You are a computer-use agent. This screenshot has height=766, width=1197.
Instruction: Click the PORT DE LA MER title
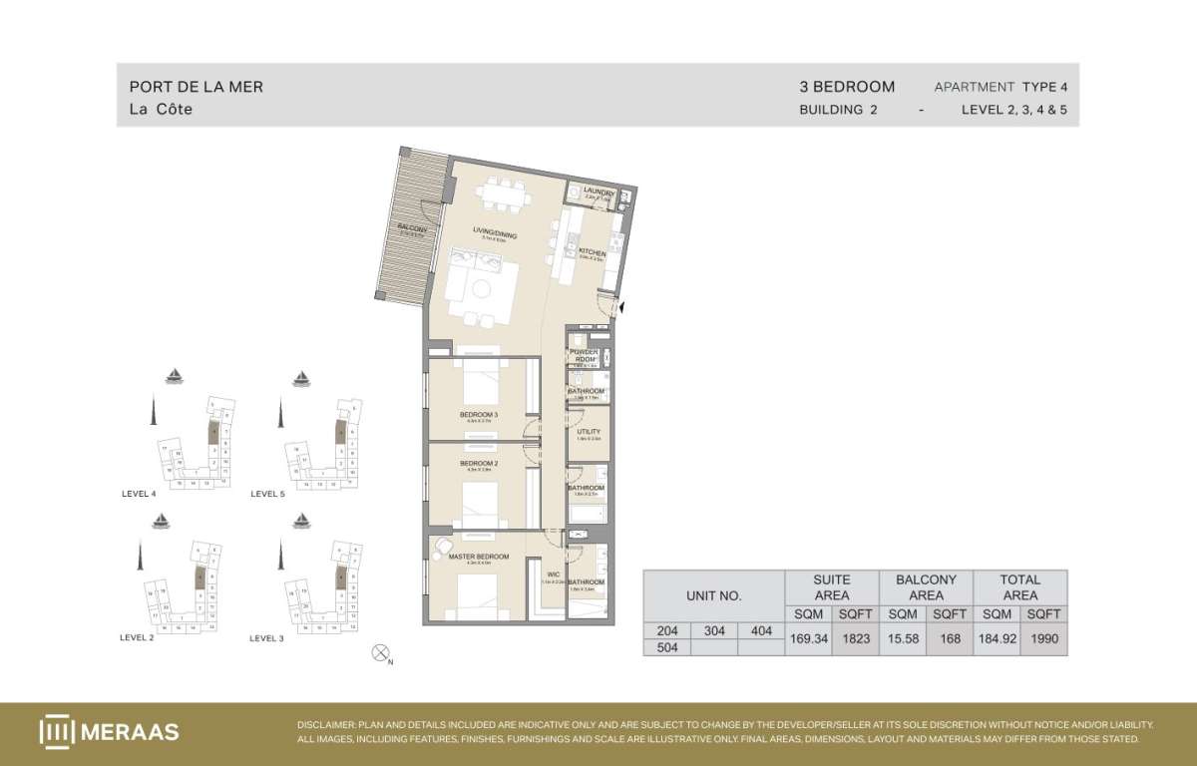click(197, 87)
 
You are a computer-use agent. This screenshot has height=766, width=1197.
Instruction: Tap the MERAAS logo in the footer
click(110, 731)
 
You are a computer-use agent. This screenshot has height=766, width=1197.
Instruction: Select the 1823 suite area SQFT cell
click(854, 638)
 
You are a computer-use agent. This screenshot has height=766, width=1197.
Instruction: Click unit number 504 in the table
click(666, 647)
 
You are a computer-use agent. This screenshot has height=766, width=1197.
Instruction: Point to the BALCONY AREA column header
click(926, 586)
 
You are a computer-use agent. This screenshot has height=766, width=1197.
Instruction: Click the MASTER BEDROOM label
click(479, 557)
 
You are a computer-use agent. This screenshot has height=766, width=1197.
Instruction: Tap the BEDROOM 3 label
click(479, 414)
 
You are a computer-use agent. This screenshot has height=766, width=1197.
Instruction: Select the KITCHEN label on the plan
click(593, 253)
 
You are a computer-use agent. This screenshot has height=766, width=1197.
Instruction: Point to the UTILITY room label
click(589, 432)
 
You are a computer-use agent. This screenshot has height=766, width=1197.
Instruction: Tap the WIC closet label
click(554, 574)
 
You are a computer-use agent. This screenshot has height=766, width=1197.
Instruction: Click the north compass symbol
click(380, 653)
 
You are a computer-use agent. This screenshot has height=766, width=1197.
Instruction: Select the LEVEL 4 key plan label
click(138, 494)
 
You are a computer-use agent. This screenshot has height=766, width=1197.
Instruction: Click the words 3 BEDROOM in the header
click(847, 87)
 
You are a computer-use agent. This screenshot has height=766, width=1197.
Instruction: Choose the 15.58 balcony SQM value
click(902, 638)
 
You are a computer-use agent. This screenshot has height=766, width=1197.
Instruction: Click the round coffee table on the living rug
click(482, 289)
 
